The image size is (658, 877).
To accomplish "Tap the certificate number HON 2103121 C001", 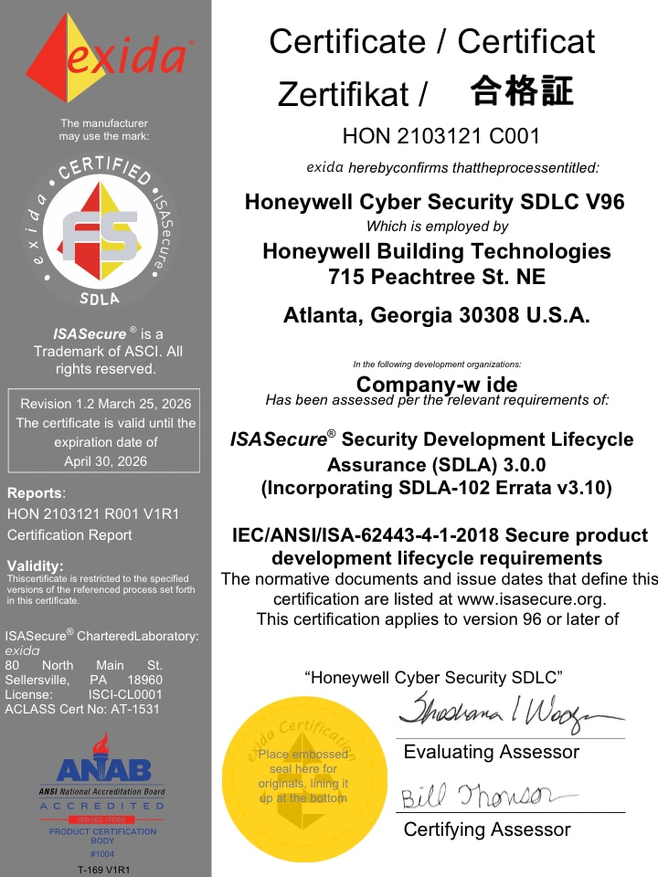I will (440, 137).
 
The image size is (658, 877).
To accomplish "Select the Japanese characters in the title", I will (522, 91).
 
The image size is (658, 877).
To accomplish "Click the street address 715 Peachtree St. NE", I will (436, 275).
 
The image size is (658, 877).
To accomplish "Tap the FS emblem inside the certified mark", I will (100, 233).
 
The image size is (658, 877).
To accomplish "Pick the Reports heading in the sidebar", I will (35, 493).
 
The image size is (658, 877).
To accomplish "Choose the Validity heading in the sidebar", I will (35, 565).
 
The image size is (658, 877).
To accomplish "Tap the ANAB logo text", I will (104, 770).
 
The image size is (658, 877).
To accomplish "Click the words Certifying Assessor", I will (487, 830).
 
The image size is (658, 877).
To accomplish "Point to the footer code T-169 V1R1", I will (103, 869).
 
